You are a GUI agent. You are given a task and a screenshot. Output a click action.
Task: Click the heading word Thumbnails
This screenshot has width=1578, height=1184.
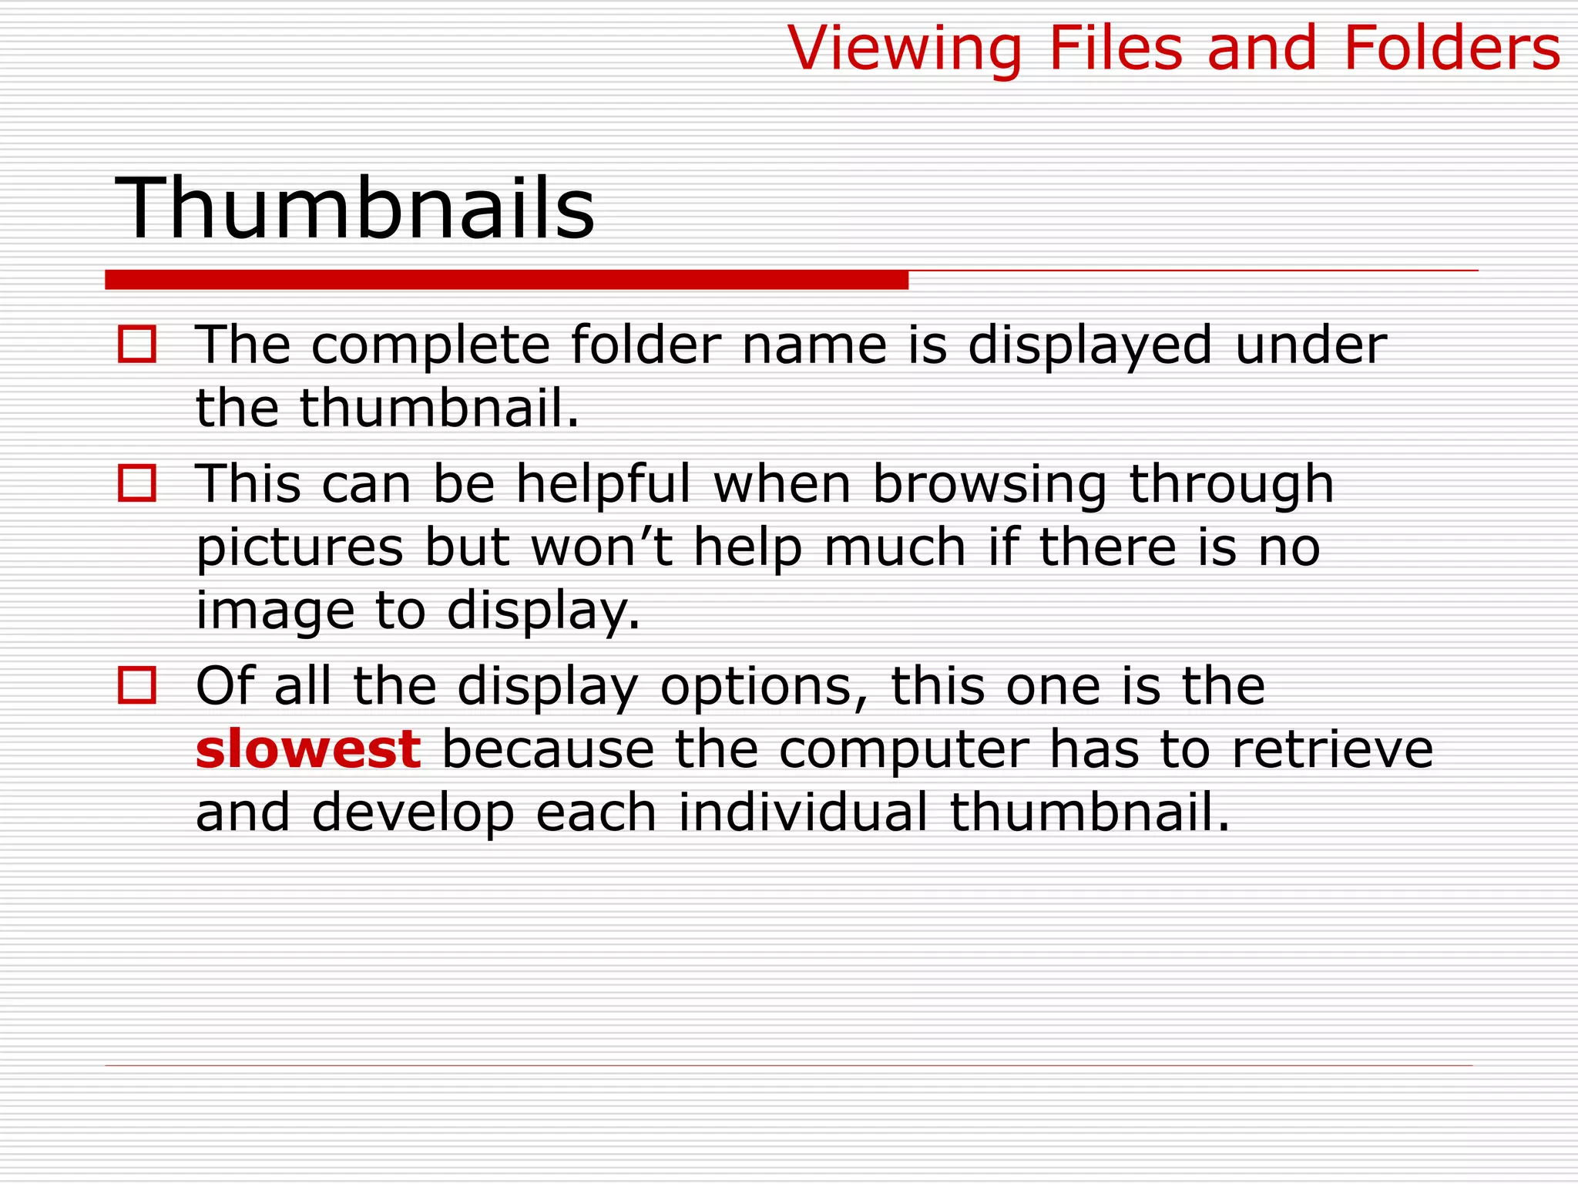pos(354,208)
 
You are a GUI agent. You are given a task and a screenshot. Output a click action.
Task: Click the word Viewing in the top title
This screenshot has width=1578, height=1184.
pos(905,49)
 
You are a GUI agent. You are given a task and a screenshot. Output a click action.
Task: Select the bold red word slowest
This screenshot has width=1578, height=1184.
pos(308,749)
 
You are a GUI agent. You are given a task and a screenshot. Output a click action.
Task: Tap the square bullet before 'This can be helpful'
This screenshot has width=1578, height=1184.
pos(137,483)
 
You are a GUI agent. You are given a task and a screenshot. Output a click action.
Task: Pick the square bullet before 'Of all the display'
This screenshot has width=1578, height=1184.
pos(137,685)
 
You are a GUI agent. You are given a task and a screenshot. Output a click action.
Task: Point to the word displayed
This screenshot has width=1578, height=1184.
pos(1090,345)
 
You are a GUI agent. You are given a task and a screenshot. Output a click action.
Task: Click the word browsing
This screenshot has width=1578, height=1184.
pos(989,486)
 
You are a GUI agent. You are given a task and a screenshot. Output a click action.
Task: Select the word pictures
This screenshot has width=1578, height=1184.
pos(300,549)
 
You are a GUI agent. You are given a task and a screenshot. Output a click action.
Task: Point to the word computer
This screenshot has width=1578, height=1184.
pos(904,751)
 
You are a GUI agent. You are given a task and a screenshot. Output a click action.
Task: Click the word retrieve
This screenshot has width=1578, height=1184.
pos(1332,749)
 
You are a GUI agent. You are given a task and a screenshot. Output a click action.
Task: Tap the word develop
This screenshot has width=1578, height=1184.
pos(413,814)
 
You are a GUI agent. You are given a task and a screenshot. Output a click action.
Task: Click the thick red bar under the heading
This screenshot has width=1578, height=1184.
pos(506,280)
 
